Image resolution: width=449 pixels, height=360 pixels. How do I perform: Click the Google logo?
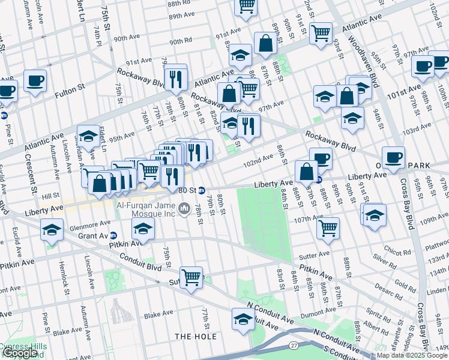click(x=19, y=353)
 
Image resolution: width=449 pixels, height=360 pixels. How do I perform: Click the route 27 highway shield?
click(x=294, y=346)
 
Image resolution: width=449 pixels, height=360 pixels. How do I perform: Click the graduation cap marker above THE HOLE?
click(x=241, y=319)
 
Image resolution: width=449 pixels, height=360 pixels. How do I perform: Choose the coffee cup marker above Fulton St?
click(x=35, y=80)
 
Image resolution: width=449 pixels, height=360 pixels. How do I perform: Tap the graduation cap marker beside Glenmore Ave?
click(x=143, y=228)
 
